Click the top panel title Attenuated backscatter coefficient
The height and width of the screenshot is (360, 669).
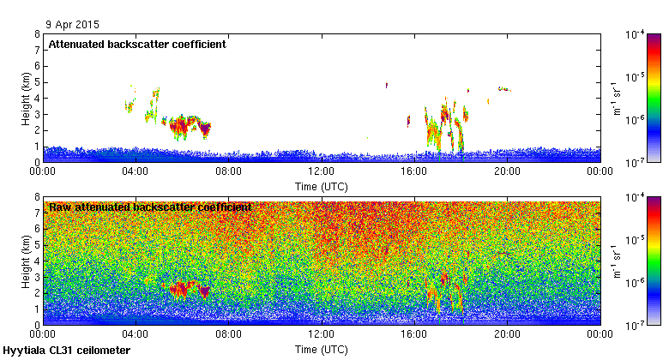[x=137, y=45]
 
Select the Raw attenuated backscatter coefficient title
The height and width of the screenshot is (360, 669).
[x=150, y=207]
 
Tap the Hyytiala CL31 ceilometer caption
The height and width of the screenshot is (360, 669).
[x=67, y=351]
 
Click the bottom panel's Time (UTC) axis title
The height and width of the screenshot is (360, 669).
[x=322, y=350]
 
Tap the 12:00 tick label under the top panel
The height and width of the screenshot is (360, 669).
[x=322, y=171]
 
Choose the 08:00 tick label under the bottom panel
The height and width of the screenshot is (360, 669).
[x=228, y=334]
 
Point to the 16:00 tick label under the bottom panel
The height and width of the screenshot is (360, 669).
[x=414, y=334]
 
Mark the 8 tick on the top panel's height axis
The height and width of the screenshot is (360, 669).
[x=36, y=34]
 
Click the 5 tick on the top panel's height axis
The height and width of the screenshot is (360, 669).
[x=36, y=82]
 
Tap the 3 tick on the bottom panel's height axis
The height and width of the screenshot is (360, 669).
[x=36, y=277]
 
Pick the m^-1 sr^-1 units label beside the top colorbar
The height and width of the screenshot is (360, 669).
[x=617, y=98]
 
